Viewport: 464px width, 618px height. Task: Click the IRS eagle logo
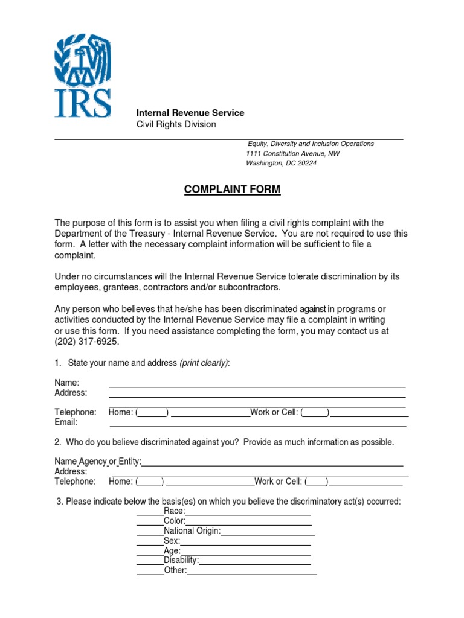83,75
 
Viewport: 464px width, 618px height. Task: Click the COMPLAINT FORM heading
232,190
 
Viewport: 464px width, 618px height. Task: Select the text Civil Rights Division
176,124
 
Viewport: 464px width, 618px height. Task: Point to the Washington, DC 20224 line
281,164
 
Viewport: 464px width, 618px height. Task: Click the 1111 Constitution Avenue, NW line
292,154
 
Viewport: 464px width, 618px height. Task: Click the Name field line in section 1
257,386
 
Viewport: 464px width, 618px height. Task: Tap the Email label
66,422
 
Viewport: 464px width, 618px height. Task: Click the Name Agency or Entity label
97,462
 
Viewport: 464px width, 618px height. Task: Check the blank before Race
150,514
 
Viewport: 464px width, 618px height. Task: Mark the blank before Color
150,524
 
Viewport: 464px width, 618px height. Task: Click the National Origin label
192,531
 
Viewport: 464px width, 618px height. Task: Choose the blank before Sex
150,545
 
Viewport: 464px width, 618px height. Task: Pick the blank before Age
150,555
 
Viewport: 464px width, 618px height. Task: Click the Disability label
181,561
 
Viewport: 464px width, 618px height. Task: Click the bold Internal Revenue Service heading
190,113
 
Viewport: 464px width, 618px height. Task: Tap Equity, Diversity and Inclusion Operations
311,144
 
